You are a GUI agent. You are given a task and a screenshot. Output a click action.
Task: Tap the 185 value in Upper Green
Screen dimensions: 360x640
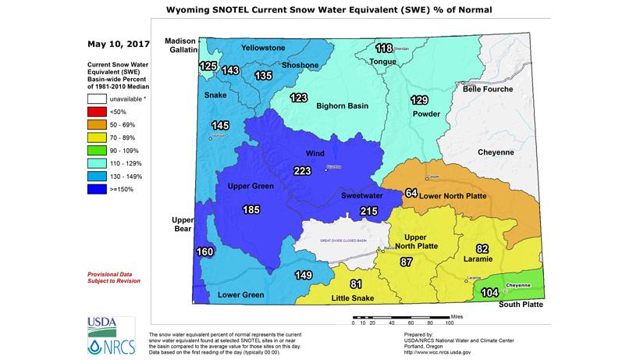tap(251, 209)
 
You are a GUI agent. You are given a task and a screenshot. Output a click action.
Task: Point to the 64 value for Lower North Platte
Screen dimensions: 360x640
tap(412, 193)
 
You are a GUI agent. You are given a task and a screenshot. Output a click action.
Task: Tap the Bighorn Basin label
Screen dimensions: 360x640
tap(341, 105)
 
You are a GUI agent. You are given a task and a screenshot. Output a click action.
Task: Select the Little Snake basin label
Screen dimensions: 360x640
tap(354, 298)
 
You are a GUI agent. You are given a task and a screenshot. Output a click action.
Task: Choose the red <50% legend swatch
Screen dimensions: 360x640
tap(97, 112)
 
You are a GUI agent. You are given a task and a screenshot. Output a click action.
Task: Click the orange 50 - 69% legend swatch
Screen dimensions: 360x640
tap(97, 125)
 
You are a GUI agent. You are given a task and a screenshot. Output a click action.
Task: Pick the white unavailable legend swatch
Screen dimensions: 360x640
tap(97, 99)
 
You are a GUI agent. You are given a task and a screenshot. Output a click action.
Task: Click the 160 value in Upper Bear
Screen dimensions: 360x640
tap(204, 252)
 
